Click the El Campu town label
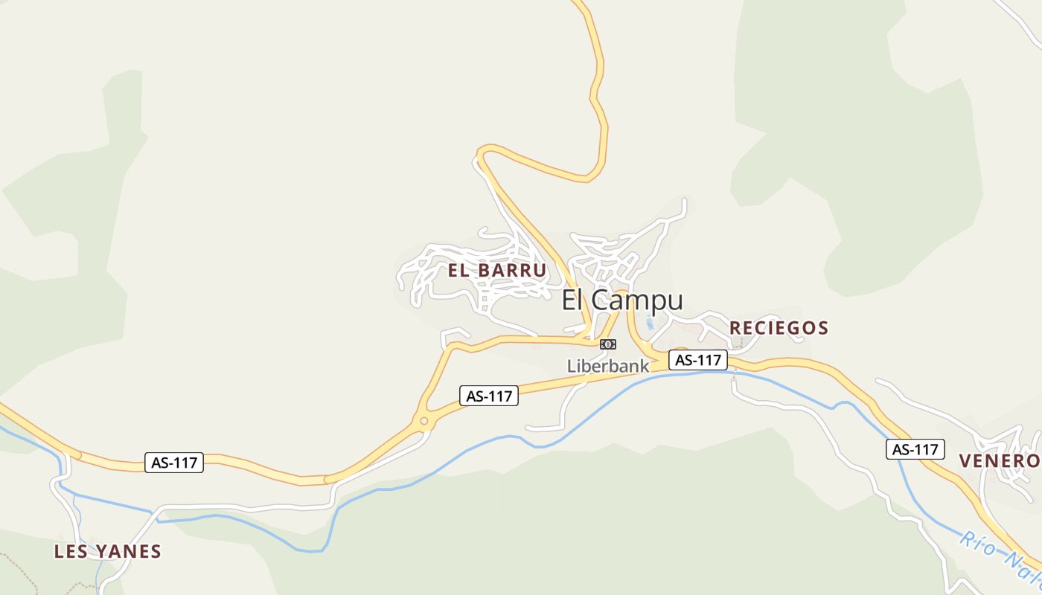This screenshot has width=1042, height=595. tap(621, 300)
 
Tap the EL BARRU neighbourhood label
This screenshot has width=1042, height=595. tap(497, 270)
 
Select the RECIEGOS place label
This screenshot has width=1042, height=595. tap(779, 328)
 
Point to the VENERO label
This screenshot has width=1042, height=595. tap(1000, 461)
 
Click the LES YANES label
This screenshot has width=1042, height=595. tap(107, 552)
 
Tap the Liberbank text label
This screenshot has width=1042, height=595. tap(607, 366)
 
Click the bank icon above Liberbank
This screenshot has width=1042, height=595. tap(608, 344)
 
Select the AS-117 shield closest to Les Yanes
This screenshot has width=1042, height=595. tap(174, 463)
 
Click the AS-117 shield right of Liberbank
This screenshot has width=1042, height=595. tap(697, 360)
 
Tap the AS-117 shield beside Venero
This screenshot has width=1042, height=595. tap(915, 449)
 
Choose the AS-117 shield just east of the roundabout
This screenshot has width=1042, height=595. tap(488, 396)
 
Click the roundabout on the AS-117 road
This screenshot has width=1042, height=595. tap(424, 422)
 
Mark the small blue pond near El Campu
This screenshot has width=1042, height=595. tap(650, 324)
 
